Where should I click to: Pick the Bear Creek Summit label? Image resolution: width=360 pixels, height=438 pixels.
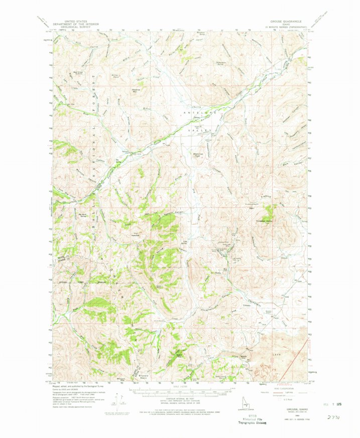point(78,72)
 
